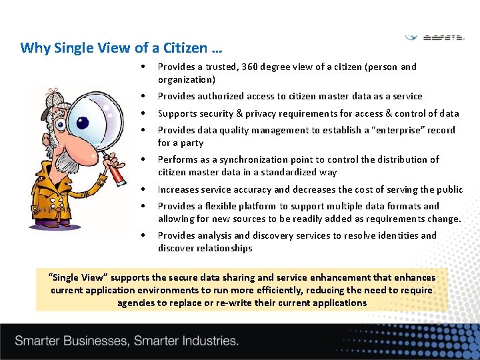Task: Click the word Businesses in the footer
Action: coord(96,341)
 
